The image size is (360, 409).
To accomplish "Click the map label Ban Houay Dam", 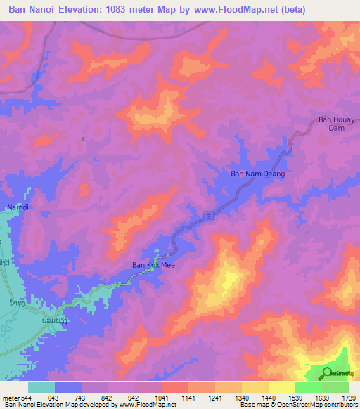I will (334, 124).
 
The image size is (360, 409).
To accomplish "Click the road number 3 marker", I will (209, 217).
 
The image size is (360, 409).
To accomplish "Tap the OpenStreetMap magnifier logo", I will (328, 372).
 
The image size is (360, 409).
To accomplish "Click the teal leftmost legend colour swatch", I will (41, 387).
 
